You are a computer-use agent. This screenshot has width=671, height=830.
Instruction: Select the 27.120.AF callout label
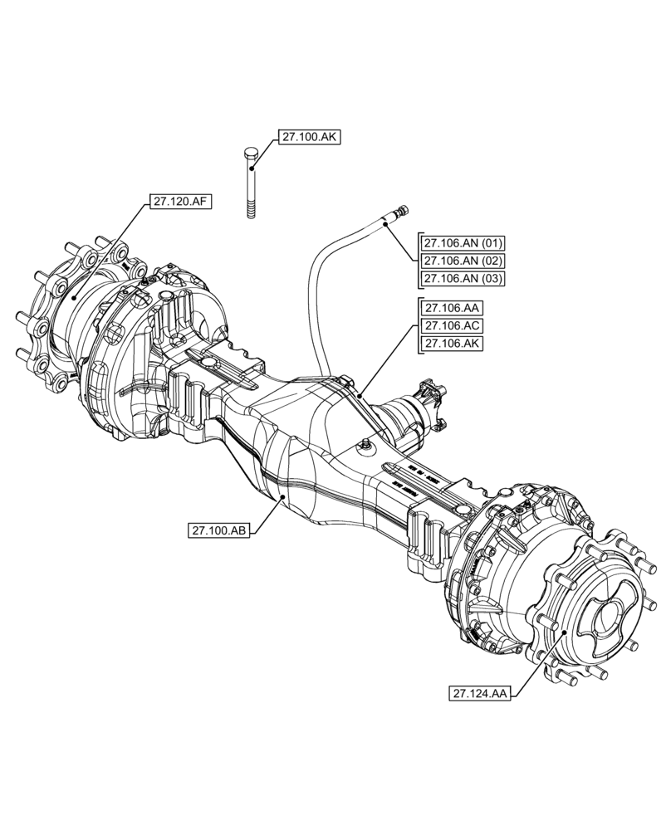(179, 201)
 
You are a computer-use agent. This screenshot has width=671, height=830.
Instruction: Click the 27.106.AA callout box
(453, 308)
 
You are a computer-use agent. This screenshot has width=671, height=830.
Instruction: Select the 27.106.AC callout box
(453, 325)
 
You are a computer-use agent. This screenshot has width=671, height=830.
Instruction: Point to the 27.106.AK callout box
(453, 343)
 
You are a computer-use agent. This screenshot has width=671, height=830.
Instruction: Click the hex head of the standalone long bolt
(251, 154)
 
